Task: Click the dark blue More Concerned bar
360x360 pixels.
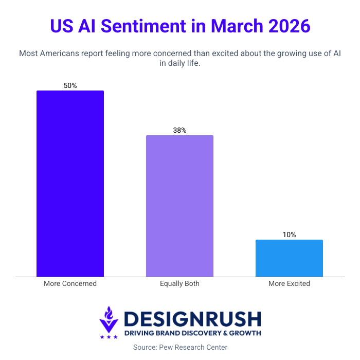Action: pyautogui.click(x=70, y=184)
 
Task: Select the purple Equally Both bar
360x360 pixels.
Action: pyautogui.click(x=179, y=206)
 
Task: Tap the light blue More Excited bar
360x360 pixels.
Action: pyautogui.click(x=289, y=258)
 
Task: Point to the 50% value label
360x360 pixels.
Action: pyautogui.click(x=70, y=85)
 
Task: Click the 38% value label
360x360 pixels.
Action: pyautogui.click(x=179, y=130)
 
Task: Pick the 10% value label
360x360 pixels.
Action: pyautogui.click(x=289, y=235)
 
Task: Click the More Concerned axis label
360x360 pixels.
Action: pyautogui.click(x=70, y=283)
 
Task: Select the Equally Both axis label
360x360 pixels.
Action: pyautogui.click(x=179, y=283)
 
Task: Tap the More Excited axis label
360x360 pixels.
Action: pyautogui.click(x=289, y=283)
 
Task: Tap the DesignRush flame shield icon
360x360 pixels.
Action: pyautogui.click(x=109, y=319)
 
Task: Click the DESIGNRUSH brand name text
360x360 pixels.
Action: pyautogui.click(x=192, y=319)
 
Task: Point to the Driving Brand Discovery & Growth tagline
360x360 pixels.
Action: pyautogui.click(x=192, y=333)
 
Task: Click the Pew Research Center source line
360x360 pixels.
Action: pyautogui.click(x=179, y=347)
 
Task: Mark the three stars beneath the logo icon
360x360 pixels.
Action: pyautogui.click(x=109, y=337)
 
